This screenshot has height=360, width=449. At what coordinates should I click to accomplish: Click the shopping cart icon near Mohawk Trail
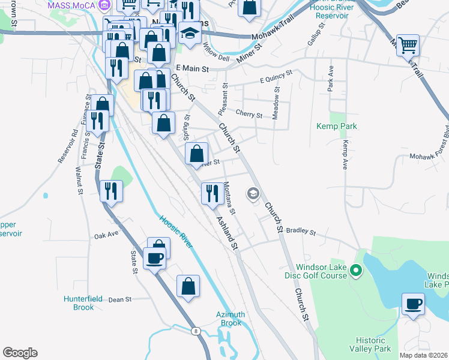408,45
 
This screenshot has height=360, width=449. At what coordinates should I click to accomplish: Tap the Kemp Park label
337,126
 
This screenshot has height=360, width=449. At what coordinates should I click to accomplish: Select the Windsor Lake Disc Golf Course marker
355,271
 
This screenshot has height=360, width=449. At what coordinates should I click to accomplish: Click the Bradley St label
301,230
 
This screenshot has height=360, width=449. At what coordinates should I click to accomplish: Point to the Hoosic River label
176,232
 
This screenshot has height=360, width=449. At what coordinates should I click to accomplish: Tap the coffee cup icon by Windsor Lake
412,304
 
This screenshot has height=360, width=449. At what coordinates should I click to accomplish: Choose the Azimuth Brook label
231,319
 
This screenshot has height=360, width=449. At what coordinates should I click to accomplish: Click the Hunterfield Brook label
79,303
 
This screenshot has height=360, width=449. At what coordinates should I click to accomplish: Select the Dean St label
120,299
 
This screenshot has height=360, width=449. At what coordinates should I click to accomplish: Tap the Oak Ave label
106,236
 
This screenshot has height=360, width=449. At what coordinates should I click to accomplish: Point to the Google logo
20,353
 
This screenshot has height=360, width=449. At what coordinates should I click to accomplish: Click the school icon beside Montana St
253,193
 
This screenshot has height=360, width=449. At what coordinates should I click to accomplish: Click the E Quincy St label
276,76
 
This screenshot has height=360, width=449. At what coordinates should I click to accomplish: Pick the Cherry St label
249,114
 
